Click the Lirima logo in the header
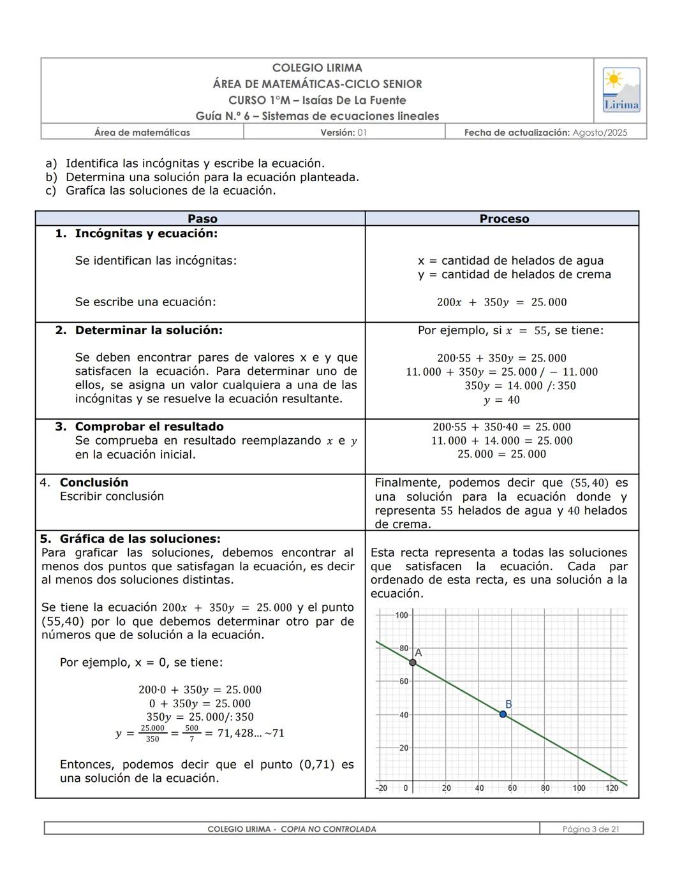pyautogui.click(x=621, y=90)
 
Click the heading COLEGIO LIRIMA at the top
pyautogui.click(x=317, y=68)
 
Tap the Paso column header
pyautogui.click(x=202, y=219)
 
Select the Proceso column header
pyautogui.click(x=504, y=219)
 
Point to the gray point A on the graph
pyautogui.click(x=413, y=663)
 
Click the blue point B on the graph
pyautogui.click(x=503, y=714)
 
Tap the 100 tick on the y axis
pyautogui.click(x=401, y=615)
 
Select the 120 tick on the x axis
pyautogui.click(x=611, y=788)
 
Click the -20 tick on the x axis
pyautogui.click(x=382, y=788)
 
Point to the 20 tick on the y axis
pyautogui.click(x=403, y=747)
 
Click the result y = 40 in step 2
pyautogui.click(x=501, y=400)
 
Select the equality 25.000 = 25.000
pyautogui.click(x=501, y=454)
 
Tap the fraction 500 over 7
pyautogui.click(x=191, y=733)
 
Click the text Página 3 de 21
pyautogui.click(x=591, y=829)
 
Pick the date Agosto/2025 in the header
pyautogui.click(x=600, y=133)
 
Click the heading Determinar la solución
pyautogui.click(x=149, y=330)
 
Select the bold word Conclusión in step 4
pyautogui.click(x=94, y=482)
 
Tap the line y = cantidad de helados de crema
pyautogui.click(x=514, y=274)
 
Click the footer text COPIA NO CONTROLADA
pyautogui.click(x=328, y=829)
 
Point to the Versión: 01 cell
pyautogui.click(x=343, y=133)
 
